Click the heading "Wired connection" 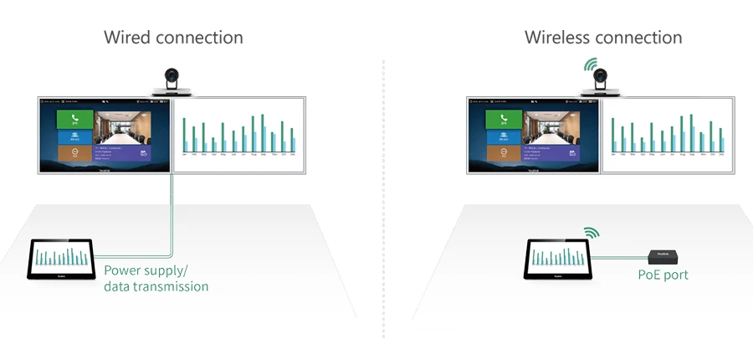(x=173, y=38)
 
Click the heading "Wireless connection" (x=602, y=38)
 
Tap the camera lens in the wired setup (x=173, y=78)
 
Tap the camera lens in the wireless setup (x=600, y=79)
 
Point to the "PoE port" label (x=663, y=275)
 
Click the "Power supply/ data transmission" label (x=156, y=279)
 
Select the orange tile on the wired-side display (x=74, y=153)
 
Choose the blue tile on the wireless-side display (x=502, y=136)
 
